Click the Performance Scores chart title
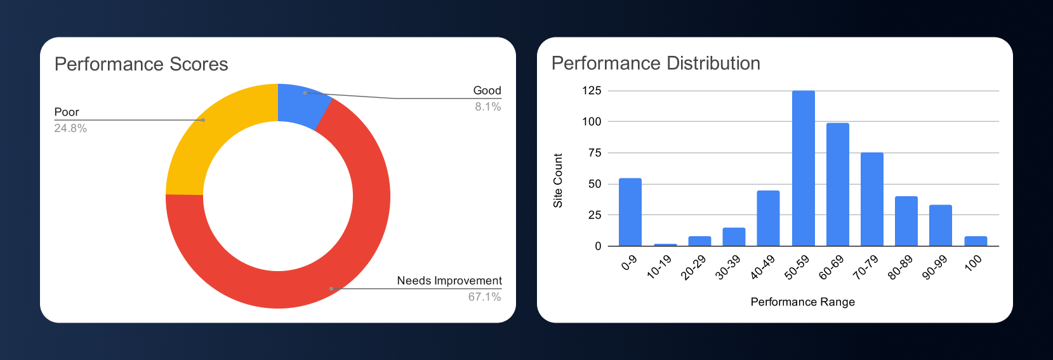pyautogui.click(x=141, y=64)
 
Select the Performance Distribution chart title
pyautogui.click(x=656, y=63)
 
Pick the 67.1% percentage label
pyautogui.click(x=484, y=297)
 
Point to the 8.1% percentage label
pyautogui.click(x=487, y=107)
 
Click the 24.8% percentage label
pyautogui.click(x=70, y=128)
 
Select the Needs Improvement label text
pyautogui.click(x=449, y=281)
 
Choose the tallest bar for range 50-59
pyautogui.click(x=803, y=168)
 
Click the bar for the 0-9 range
pyautogui.click(x=630, y=212)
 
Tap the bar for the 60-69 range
pyautogui.click(x=837, y=185)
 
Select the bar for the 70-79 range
pyautogui.click(x=871, y=199)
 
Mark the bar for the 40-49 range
pyautogui.click(x=768, y=218)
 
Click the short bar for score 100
pyautogui.click(x=975, y=241)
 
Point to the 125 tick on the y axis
pyautogui.click(x=591, y=90)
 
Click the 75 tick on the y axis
pyautogui.click(x=594, y=152)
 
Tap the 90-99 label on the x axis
pyautogui.click(x=935, y=267)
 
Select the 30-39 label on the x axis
pyautogui.click(x=729, y=267)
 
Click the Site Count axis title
pyautogui.click(x=558, y=180)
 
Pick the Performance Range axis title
pyautogui.click(x=802, y=302)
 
